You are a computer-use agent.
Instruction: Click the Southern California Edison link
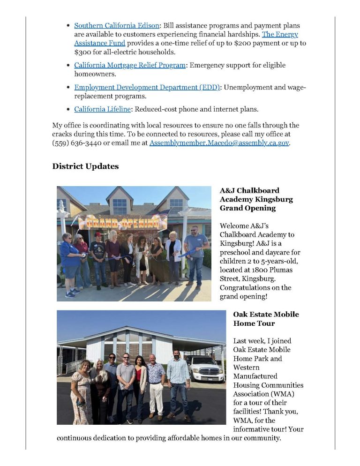[117, 25]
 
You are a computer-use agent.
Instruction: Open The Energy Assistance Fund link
[279, 34]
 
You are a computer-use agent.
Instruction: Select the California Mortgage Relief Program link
[130, 65]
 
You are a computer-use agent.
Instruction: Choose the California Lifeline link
[102, 109]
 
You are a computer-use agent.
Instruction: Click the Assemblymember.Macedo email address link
[219, 143]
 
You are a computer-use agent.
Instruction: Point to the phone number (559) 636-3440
[75, 143]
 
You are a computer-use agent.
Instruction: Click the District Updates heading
[85, 166]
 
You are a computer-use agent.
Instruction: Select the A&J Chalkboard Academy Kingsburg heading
[256, 199]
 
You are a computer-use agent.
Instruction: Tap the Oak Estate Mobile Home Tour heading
[266, 319]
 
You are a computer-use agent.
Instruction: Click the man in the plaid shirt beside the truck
[179, 382]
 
